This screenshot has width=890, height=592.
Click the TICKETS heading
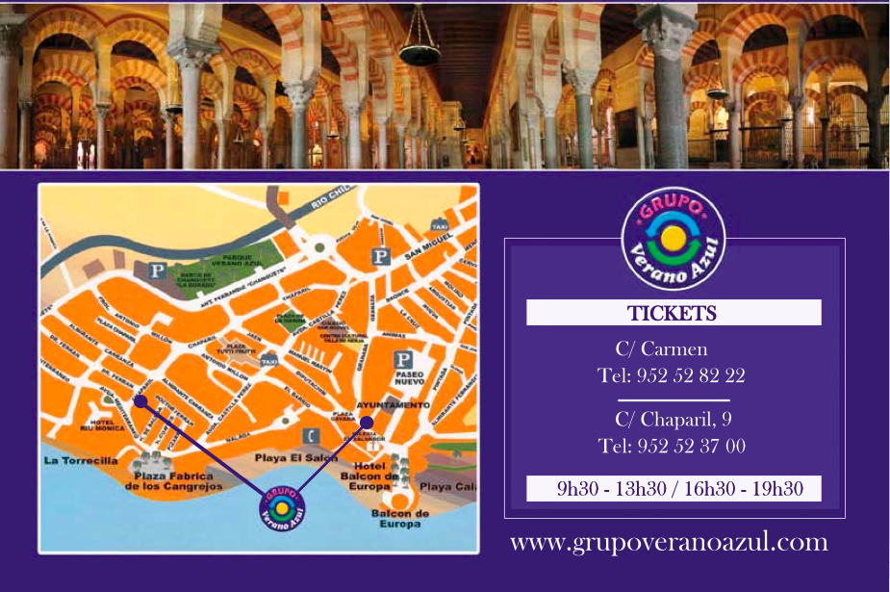coord(672,313)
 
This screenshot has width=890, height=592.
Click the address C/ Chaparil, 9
coord(673,419)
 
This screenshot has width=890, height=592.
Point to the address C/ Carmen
coord(661,348)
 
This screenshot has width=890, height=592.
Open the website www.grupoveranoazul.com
coord(669,542)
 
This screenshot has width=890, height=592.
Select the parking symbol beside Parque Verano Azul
coord(158,270)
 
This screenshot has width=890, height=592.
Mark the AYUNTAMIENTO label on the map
coord(394,405)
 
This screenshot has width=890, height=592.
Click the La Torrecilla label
coord(81,460)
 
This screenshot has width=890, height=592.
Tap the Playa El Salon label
coord(295,457)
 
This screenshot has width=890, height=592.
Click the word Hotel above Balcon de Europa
coord(370,466)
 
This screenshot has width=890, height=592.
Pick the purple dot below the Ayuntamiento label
coord(367,422)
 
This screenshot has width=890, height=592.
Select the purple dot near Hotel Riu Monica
coord(140,400)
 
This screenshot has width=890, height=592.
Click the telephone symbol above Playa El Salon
coord(311,435)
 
